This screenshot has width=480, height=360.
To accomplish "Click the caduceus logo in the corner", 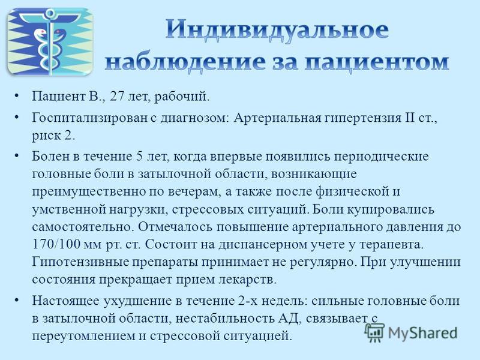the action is pos(50,42).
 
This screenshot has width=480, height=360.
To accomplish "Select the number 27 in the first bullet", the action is pos(116,97).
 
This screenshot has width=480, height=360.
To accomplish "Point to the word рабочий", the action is pos(182,97).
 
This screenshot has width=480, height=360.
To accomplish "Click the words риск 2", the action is pos(53,136).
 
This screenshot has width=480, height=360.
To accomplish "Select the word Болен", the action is pos(50,157).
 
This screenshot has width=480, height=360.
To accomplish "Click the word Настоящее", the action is pos(65,301).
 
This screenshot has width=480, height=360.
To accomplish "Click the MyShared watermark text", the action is pos(423,333).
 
